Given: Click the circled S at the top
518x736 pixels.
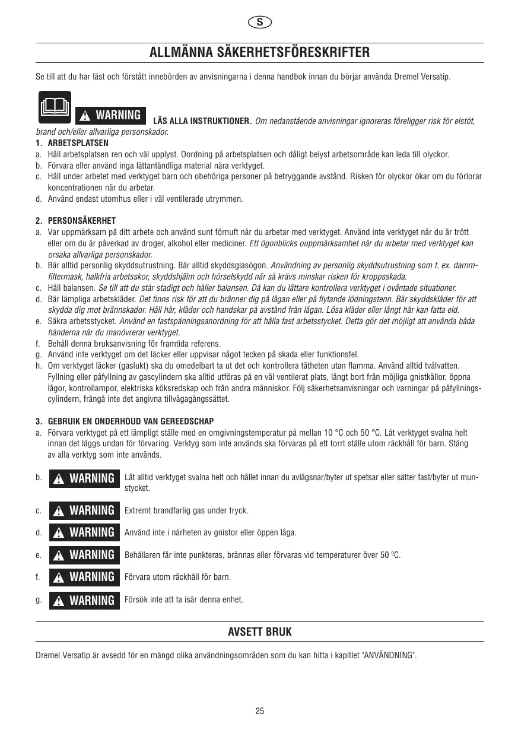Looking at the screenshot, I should (259, 23).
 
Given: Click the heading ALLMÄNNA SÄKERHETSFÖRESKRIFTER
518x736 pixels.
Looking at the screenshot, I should (259, 53).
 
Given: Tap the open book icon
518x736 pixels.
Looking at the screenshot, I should (53, 106).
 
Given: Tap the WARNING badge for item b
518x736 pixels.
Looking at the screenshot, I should (84, 478).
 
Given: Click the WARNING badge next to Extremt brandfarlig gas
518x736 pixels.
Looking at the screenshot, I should (84, 510).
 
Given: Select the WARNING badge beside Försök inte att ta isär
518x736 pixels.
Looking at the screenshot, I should (84, 600).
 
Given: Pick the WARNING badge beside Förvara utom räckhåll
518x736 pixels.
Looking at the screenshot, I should (84, 577).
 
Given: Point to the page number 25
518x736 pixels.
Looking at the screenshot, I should (259, 711).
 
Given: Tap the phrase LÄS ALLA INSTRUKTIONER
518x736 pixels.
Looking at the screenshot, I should (202, 122).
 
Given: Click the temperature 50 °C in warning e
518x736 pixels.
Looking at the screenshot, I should (390, 555).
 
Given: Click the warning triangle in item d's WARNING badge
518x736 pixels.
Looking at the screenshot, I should (59, 533).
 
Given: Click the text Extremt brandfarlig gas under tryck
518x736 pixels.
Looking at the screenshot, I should (186, 510).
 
